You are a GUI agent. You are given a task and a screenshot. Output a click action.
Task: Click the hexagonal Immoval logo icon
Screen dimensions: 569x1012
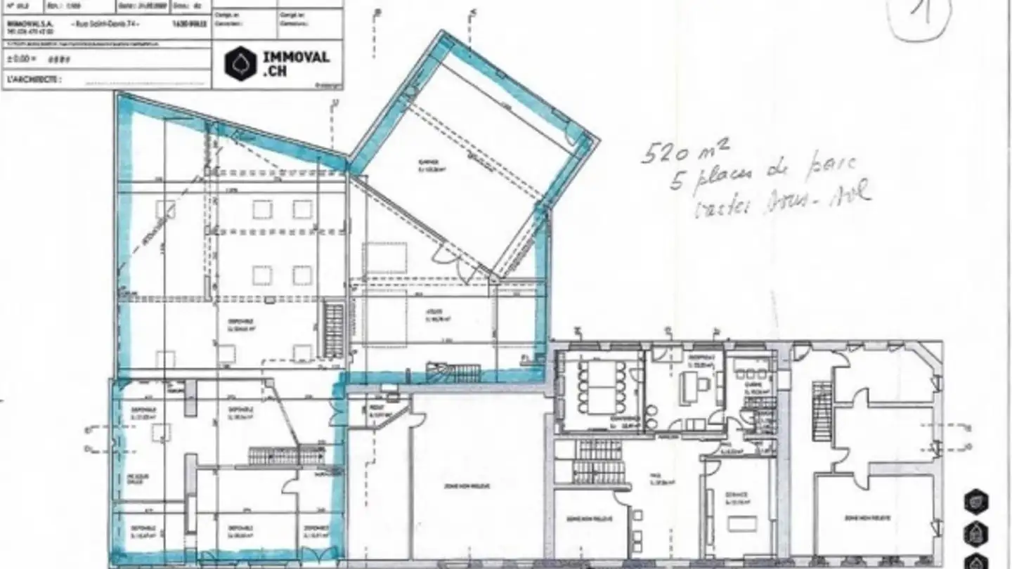240,64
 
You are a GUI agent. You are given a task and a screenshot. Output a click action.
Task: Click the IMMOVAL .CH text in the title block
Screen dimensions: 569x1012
295,64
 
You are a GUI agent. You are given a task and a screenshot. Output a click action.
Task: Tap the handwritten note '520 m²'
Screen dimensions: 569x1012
686,150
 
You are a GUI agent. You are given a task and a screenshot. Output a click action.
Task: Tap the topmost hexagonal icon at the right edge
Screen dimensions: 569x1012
977,502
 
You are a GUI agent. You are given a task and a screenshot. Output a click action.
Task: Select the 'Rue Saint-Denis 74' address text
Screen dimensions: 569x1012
106,22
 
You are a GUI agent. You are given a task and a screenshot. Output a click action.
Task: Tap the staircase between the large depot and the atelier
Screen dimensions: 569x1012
335,330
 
